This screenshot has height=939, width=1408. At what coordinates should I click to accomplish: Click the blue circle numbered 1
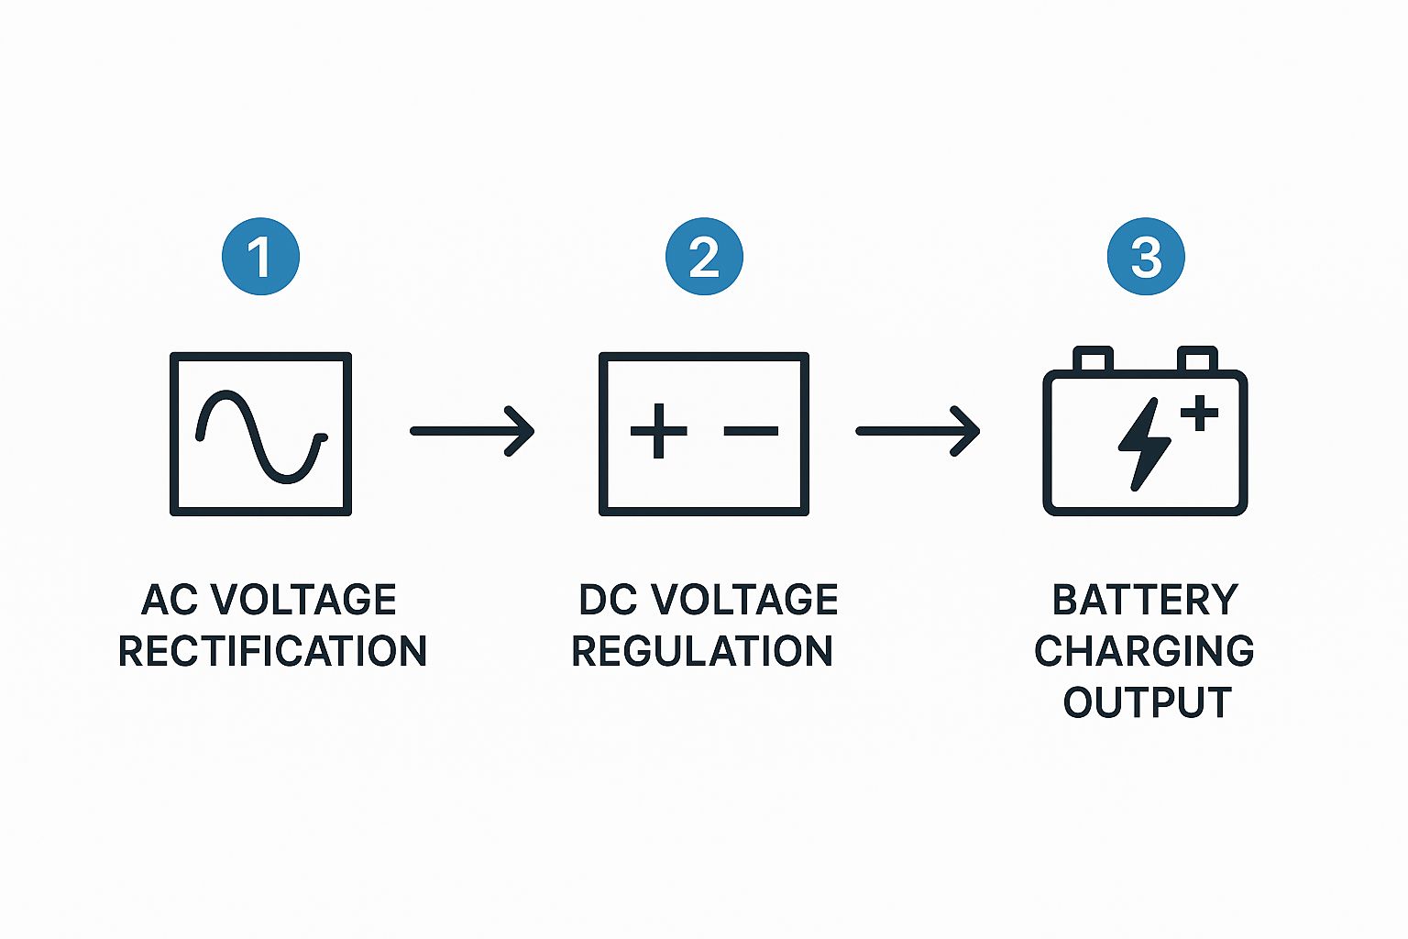pos(260,256)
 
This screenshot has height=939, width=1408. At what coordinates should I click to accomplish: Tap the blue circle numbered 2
pos(704,256)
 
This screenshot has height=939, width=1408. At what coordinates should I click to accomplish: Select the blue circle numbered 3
pos(1146,256)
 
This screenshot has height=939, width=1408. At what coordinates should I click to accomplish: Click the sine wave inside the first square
pos(261,436)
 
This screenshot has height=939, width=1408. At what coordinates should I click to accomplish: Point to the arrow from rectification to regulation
pos(472,431)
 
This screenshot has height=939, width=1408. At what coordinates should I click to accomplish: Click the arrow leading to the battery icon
pos(918,431)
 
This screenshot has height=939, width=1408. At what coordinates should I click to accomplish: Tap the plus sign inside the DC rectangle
pos(658,431)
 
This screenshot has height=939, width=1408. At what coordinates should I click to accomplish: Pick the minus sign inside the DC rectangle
pos(751,431)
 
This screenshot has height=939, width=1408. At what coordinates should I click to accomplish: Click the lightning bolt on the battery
pos(1144,444)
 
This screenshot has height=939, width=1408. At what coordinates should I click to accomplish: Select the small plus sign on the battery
pos(1199,413)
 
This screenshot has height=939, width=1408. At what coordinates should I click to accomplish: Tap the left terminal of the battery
pos(1093,359)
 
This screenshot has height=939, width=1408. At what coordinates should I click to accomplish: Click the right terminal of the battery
pos(1197,359)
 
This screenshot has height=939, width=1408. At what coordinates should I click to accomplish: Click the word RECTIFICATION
pos(272,651)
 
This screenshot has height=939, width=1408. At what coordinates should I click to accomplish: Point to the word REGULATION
pos(702,651)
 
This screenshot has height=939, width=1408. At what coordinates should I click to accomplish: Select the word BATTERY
pos(1145,600)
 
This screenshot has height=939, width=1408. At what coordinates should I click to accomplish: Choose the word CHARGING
pos(1144,651)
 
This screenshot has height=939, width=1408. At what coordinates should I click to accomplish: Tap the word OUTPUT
pos(1147,702)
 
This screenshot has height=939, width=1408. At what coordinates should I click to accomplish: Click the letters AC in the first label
pos(170,600)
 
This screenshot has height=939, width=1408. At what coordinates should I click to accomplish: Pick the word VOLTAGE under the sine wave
pos(304,600)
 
